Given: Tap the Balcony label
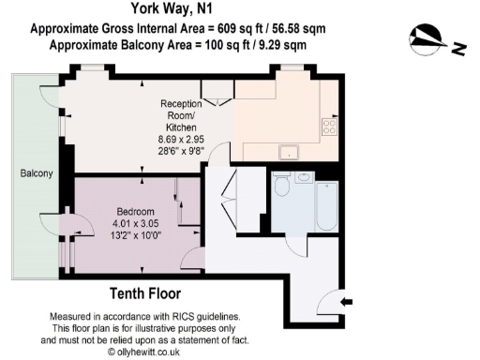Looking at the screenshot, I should coord(37,174).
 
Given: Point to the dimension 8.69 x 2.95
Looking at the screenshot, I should coord(182,139).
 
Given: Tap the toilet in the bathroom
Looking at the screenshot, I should coord(282,185).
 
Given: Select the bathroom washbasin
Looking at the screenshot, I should coord(304,176).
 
